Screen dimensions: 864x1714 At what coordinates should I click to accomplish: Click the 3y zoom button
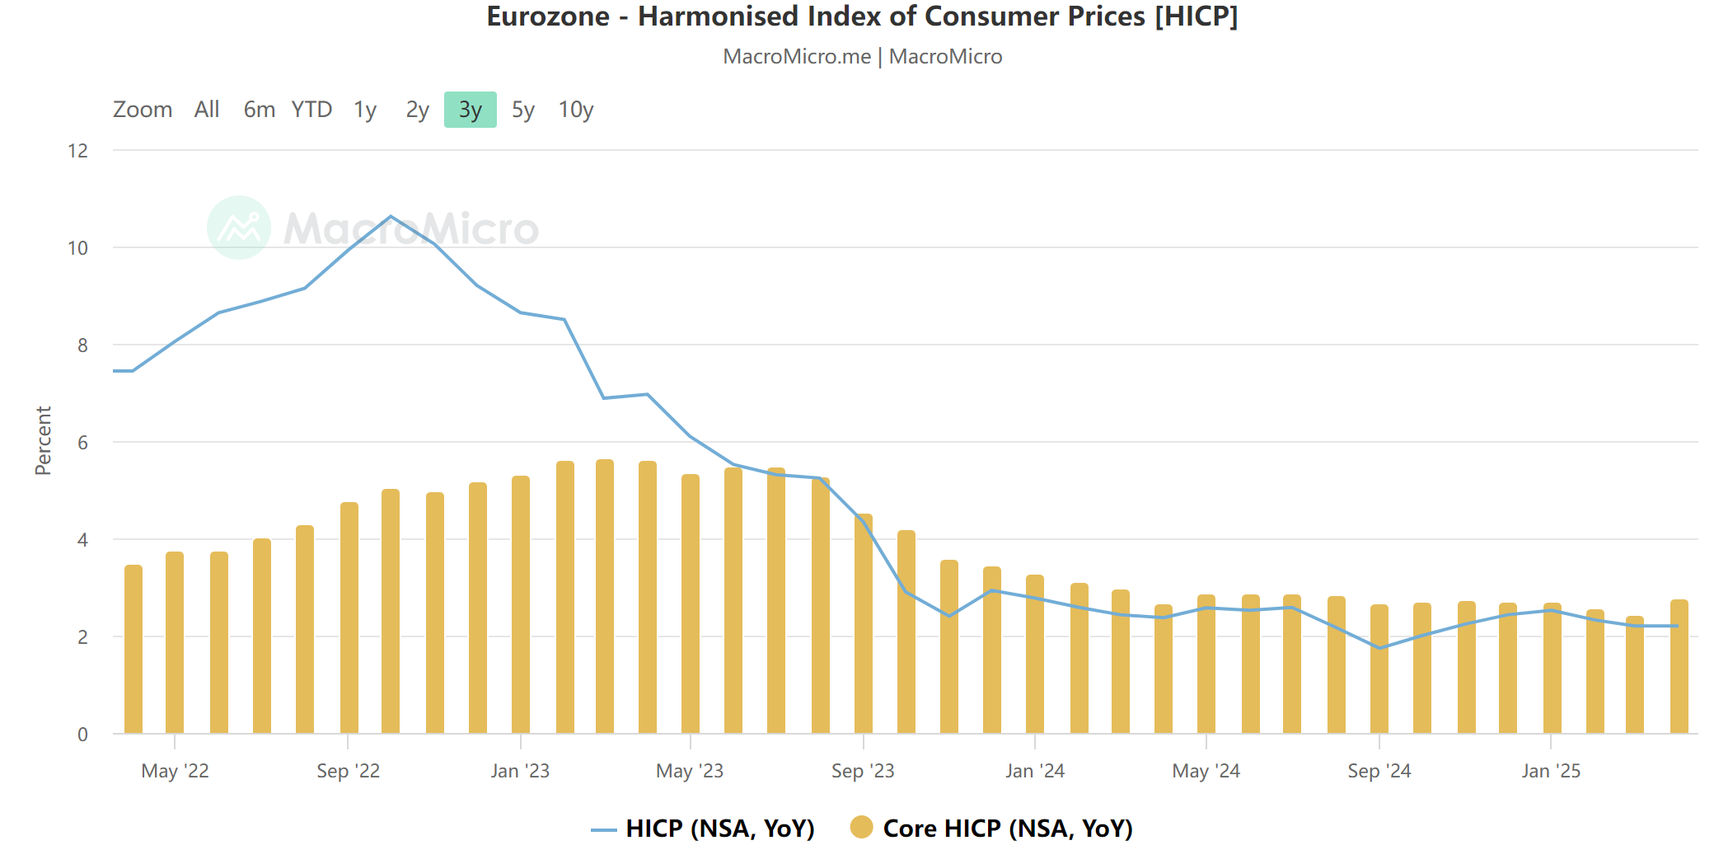tap(470, 110)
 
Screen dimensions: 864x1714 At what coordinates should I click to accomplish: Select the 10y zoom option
tap(575, 110)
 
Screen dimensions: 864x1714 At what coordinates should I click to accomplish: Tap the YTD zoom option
tap(311, 110)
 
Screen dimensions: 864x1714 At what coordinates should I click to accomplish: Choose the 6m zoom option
tap(259, 110)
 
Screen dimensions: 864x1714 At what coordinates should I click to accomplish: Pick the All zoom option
tap(207, 110)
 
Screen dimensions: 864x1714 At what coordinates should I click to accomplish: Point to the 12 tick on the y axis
tap(78, 151)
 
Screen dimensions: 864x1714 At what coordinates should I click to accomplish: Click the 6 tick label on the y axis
tap(82, 443)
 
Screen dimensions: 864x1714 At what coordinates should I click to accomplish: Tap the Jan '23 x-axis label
tap(520, 771)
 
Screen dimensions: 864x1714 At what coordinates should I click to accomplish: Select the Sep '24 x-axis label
tap(1379, 771)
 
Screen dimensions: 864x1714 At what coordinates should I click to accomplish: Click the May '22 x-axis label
tap(175, 771)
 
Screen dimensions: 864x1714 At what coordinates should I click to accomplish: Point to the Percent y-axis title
tap(43, 440)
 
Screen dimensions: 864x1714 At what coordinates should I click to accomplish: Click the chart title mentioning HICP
tap(862, 16)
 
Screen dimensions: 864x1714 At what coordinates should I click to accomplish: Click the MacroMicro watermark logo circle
tap(239, 228)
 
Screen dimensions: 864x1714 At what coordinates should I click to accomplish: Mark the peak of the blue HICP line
tap(391, 217)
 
